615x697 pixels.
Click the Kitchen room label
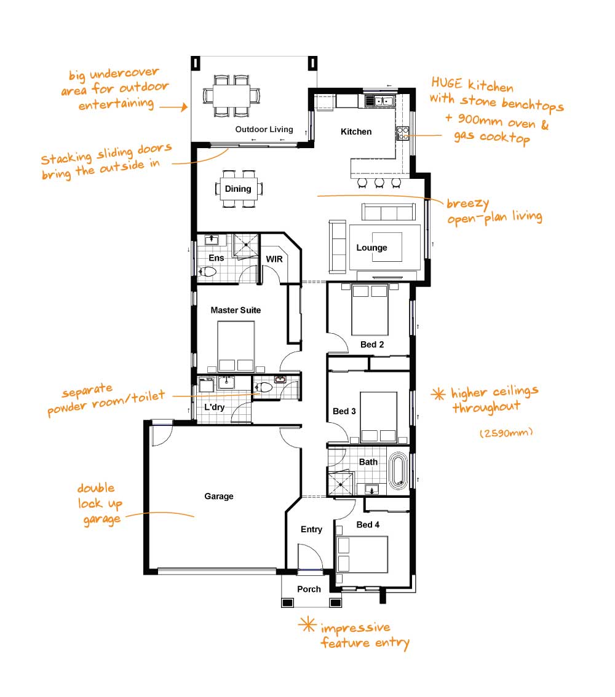(x=355, y=132)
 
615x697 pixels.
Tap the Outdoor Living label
(x=264, y=129)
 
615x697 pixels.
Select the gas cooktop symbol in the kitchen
(x=402, y=133)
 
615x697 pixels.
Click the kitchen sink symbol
(x=379, y=101)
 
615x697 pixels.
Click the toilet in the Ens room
(x=207, y=271)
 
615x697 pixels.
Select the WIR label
(x=274, y=259)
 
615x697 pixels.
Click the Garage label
(x=219, y=496)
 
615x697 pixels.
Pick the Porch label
(x=309, y=589)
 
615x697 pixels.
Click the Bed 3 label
(x=344, y=411)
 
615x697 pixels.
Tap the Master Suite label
(x=236, y=310)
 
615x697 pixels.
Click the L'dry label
(x=215, y=407)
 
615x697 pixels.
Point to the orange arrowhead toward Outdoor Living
(x=184, y=107)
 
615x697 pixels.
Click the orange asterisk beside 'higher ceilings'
(x=438, y=394)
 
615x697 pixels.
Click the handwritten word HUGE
(x=446, y=83)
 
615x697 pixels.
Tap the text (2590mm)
(x=506, y=433)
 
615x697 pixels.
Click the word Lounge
(x=371, y=248)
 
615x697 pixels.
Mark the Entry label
(x=311, y=529)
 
